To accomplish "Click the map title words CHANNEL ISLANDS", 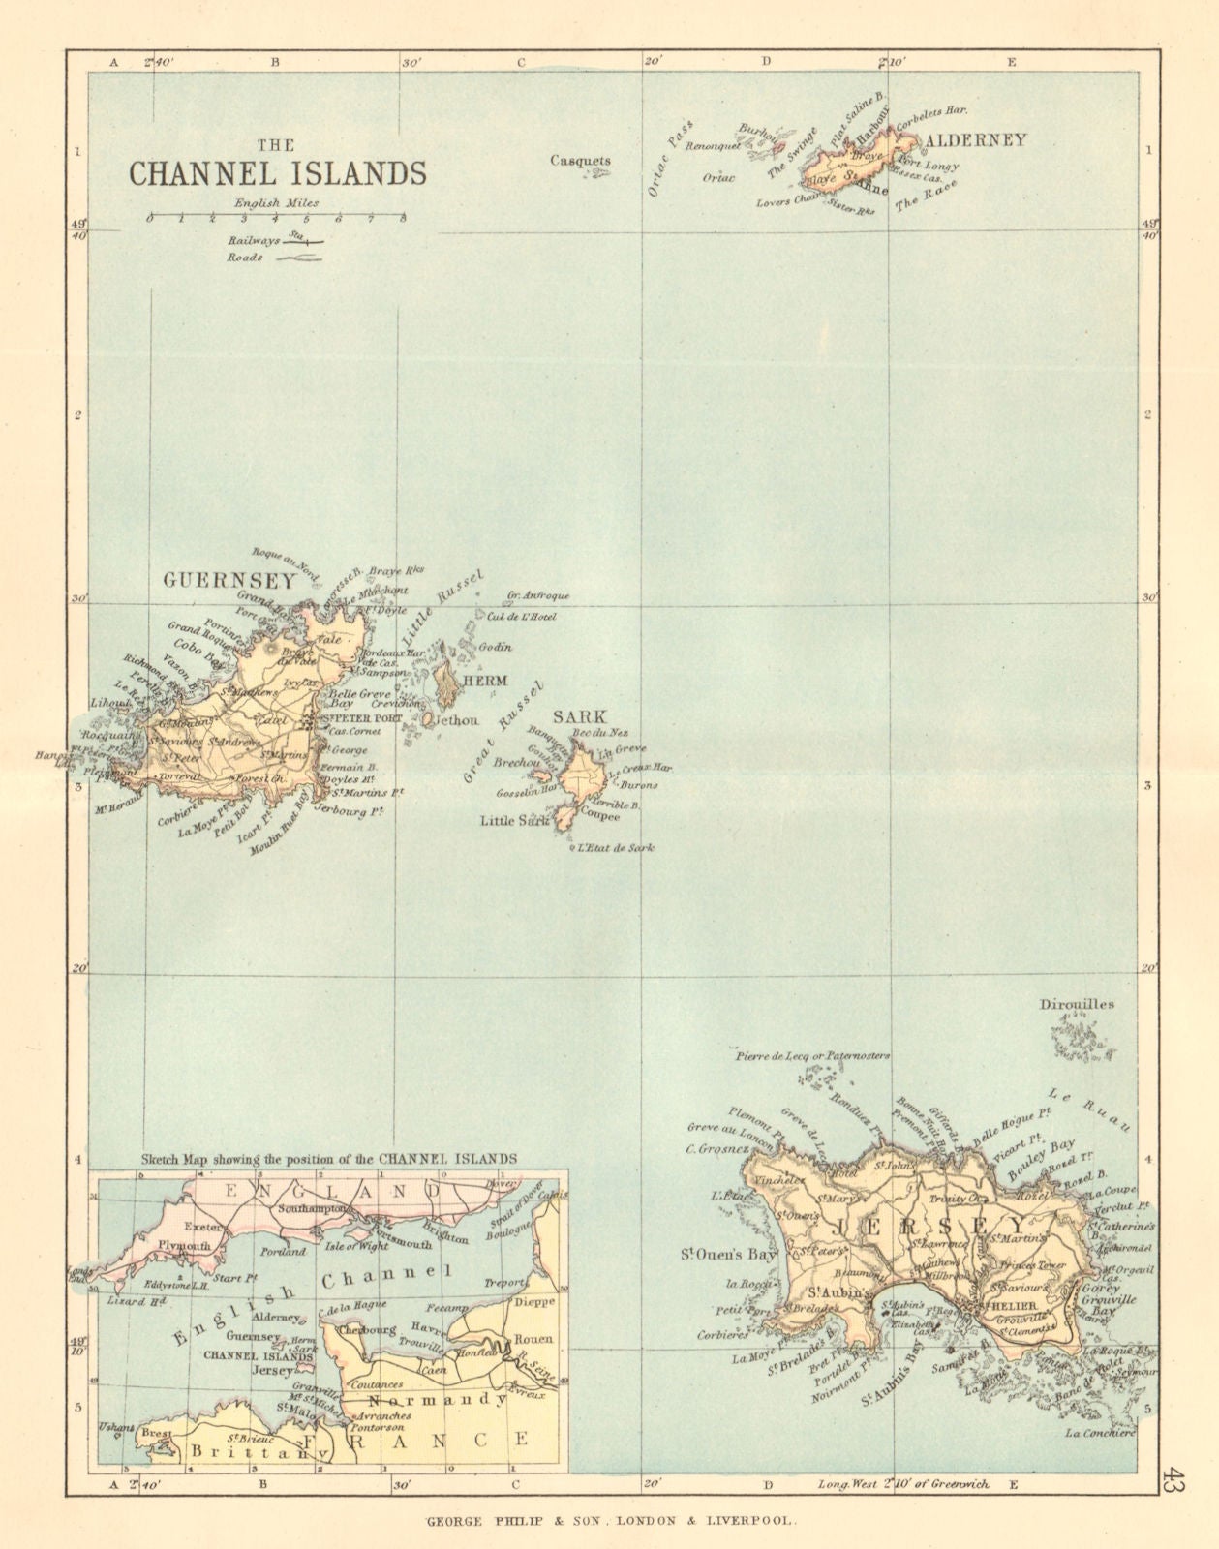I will (x=278, y=173).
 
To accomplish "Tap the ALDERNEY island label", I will (x=975, y=140).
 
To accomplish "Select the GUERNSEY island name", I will (x=229, y=581).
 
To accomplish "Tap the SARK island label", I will (x=579, y=717).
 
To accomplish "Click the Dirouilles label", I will (x=1078, y=1004).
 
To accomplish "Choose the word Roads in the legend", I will (x=245, y=258).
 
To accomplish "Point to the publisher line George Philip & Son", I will (x=611, y=1521).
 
